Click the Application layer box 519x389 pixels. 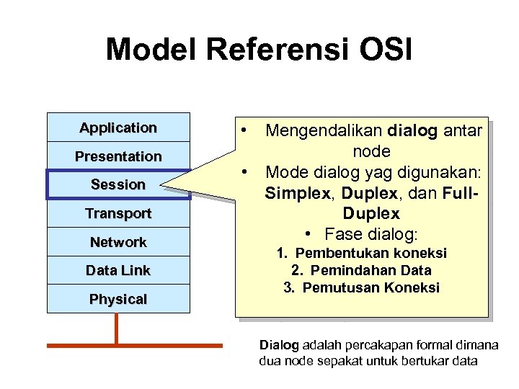point(118,128)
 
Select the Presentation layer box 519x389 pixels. point(118,156)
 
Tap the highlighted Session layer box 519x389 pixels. point(118,184)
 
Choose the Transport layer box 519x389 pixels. point(118,213)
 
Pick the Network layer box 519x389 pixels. point(118,242)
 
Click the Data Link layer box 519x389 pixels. point(118,270)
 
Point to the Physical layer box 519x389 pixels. point(118,299)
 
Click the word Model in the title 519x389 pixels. point(152,50)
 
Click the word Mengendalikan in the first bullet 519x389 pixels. point(324,130)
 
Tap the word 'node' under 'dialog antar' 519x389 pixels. point(371,151)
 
